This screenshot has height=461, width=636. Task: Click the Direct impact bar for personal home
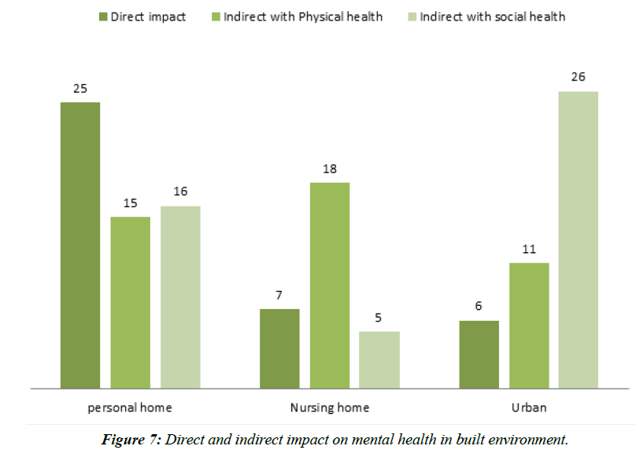[80, 245]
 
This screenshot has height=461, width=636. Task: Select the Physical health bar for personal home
[131, 303]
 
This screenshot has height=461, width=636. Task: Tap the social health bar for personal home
[180, 297]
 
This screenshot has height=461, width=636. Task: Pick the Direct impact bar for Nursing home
[279, 348]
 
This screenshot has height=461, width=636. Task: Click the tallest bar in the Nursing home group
[330, 285]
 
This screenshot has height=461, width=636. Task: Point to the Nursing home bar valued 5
[379, 359]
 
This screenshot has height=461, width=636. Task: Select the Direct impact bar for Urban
[479, 355]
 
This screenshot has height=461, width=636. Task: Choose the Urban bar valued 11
[529, 325]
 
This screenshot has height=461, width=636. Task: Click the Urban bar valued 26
[579, 240]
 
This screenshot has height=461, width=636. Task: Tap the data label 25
[80, 88]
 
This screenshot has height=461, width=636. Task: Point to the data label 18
[330, 169]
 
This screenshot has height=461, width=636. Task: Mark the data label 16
[180, 191]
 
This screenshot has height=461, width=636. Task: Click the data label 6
[479, 307]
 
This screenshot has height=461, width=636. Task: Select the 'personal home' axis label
[130, 407]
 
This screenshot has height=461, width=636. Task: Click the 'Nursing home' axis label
[329, 407]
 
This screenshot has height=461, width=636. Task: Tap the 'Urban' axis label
[528, 407]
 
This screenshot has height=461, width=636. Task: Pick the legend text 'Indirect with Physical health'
[303, 17]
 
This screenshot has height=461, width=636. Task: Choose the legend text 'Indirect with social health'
[492, 17]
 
